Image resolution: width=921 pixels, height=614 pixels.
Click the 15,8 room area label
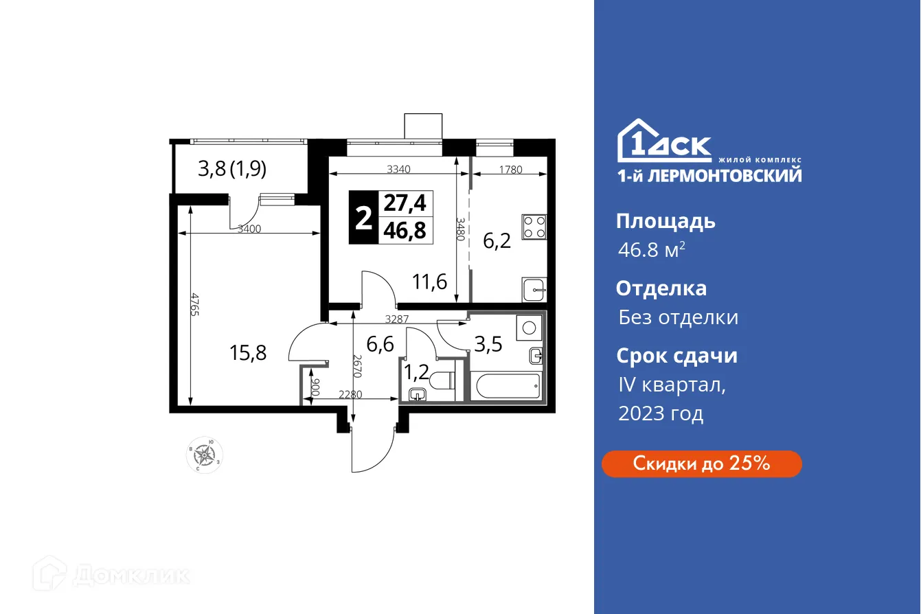[248, 353]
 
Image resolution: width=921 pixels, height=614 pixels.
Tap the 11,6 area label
[430, 282]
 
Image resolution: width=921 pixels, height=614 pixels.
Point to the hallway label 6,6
[380, 343]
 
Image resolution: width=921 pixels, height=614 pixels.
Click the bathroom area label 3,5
[488, 343]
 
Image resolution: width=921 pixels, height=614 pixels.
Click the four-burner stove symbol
[534, 227]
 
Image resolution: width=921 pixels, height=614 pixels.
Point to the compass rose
[204, 454]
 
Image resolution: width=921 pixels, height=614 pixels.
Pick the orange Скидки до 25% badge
[701, 464]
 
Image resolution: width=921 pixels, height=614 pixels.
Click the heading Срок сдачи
[676, 356]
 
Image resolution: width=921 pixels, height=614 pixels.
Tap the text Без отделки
[678, 317]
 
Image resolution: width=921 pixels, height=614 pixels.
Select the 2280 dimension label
[351, 395]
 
